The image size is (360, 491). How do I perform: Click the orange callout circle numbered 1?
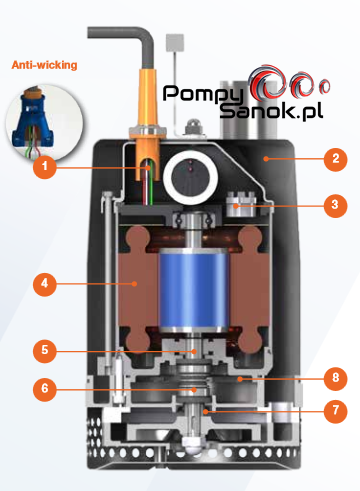click(45, 166)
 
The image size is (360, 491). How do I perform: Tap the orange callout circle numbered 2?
click(335, 159)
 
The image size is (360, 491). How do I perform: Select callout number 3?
click(335, 205)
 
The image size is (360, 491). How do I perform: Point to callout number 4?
click(45, 284)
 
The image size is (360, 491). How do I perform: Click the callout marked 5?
click(45, 351)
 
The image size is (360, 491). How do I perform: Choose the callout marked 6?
click(45, 389)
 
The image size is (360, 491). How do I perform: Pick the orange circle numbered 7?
click(335, 411)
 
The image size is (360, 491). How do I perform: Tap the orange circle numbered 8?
click(335, 378)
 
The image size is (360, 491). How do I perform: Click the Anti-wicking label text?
click(44, 65)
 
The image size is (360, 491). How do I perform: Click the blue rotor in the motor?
click(194, 289)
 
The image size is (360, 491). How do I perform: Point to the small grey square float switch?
click(175, 42)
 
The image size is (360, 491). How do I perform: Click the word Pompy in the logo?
click(203, 94)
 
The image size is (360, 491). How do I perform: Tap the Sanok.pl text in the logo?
click(271, 111)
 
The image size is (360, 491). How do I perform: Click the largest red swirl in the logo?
click(267, 82)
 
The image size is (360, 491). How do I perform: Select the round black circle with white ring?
click(190, 176)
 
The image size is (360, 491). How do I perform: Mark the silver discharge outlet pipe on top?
click(248, 109)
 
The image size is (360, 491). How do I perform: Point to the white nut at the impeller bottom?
click(192, 446)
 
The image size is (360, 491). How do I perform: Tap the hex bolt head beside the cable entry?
click(194, 128)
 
